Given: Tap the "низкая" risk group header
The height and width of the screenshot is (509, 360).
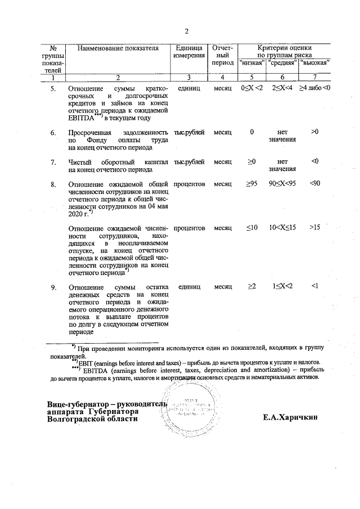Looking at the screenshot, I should point(252,62).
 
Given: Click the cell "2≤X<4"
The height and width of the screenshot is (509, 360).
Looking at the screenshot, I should point(282,89).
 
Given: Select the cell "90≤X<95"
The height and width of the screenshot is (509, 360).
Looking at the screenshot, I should point(282,184).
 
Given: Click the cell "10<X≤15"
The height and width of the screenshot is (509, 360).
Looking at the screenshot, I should point(282,228).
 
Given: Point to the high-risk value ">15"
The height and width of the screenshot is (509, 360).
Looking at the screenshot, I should point(315,228).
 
